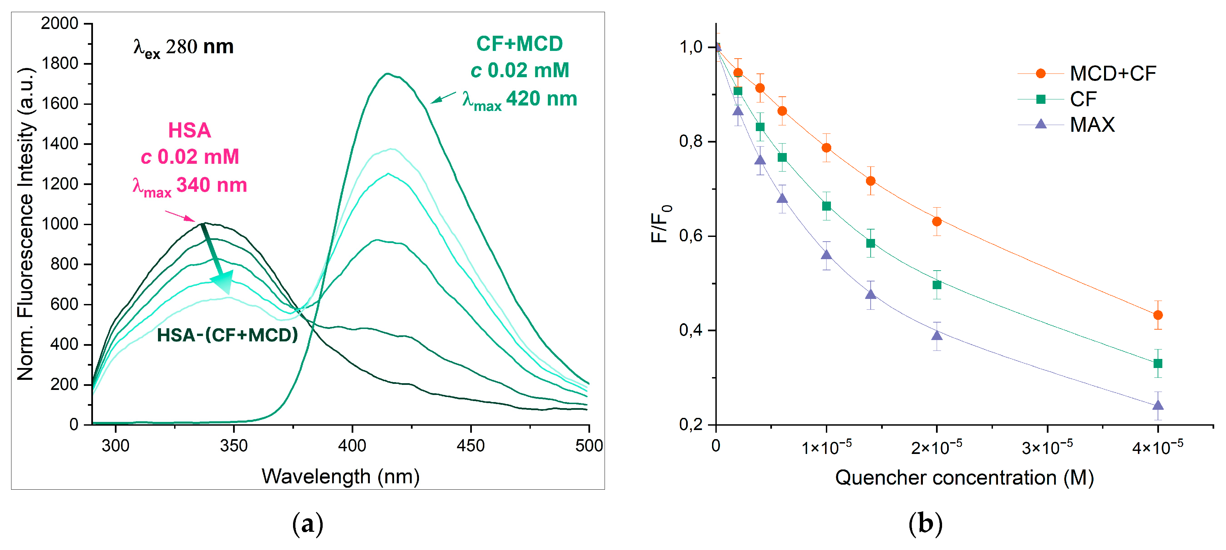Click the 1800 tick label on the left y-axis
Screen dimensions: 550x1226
(x=60, y=63)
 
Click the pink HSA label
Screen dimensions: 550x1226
(x=189, y=130)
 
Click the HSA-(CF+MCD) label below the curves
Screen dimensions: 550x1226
(x=227, y=335)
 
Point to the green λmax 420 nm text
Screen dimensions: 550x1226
(x=520, y=99)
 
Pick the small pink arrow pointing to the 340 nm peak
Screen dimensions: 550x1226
(x=180, y=216)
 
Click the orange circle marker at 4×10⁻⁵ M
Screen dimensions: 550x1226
(x=1158, y=315)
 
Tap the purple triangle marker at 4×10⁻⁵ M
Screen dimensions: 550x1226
(x=1158, y=405)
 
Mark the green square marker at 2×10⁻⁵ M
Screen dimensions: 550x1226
(x=937, y=285)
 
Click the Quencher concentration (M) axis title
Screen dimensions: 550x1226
(x=964, y=477)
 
